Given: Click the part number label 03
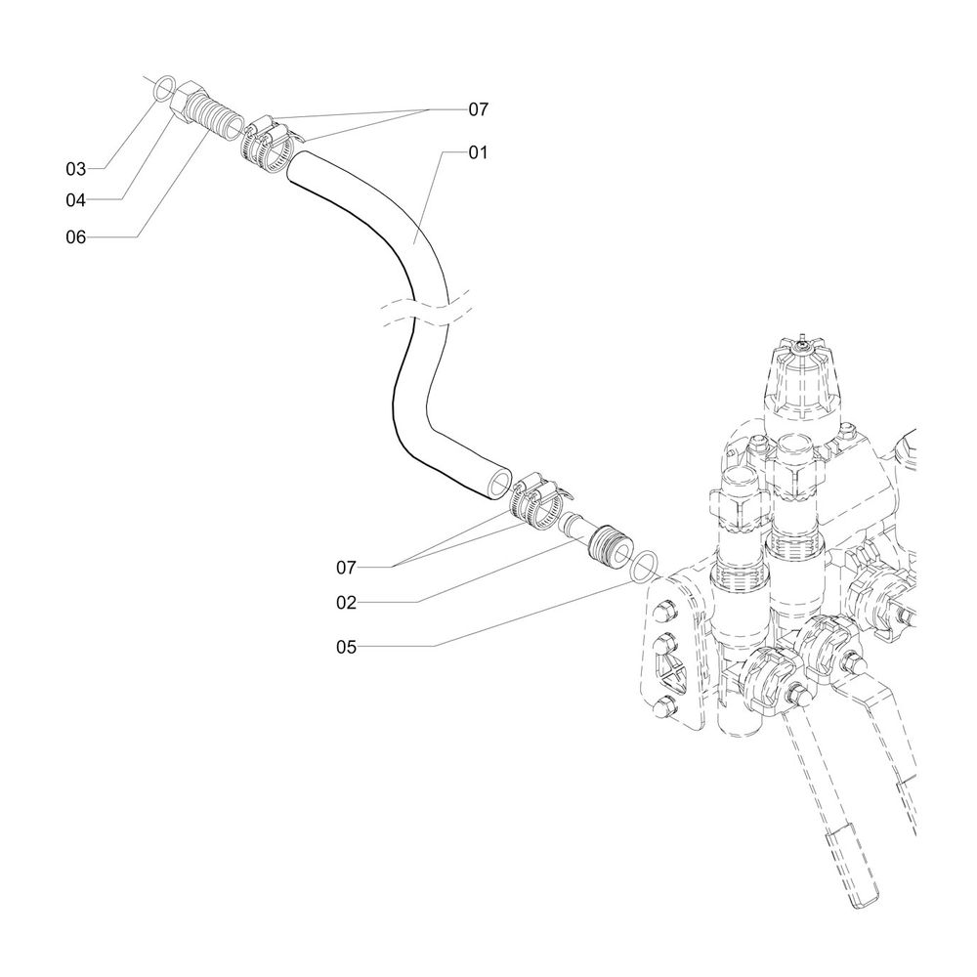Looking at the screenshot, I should pos(76,169).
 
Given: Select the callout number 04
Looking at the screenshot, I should pos(76,200).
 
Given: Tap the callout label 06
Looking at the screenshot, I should pos(76,236).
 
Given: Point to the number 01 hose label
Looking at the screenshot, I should pos(477,152).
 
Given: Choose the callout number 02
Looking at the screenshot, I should pos(346,603).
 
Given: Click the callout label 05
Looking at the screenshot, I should pos(346,647).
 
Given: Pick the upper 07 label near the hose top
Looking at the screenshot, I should pos(477,110).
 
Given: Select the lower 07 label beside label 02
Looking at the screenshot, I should pos(346,567).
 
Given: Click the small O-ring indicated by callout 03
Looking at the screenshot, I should pos(165,90).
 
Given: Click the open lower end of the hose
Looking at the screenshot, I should pos(499,483).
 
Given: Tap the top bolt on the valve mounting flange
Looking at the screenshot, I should pos(665,613).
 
